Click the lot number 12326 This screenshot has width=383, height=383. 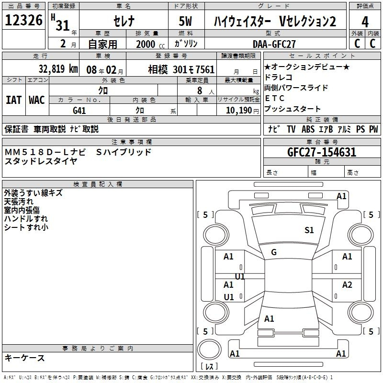(23, 20)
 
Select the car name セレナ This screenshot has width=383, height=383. (124, 21)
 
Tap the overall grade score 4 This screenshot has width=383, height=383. (365, 22)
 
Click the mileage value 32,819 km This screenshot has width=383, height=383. (58, 69)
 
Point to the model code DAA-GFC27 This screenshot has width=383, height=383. (274, 44)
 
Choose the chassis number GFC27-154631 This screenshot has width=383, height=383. (322, 152)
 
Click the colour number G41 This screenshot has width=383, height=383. (79, 111)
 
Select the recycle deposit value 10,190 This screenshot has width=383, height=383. (239, 111)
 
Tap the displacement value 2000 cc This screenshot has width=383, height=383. (150, 44)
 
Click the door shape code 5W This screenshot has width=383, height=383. (185, 21)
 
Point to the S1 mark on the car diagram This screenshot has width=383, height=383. (309, 230)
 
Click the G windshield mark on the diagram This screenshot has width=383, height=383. (274, 252)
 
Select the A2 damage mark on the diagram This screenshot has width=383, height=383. (347, 285)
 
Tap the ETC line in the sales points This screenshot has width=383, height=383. (274, 98)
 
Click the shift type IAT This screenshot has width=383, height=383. (14, 100)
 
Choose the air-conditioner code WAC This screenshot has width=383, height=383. (37, 100)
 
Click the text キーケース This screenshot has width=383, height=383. (24, 358)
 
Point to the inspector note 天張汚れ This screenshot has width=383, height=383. (19, 202)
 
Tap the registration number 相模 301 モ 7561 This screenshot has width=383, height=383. (181, 69)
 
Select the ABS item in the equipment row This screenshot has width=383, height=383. (308, 129)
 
